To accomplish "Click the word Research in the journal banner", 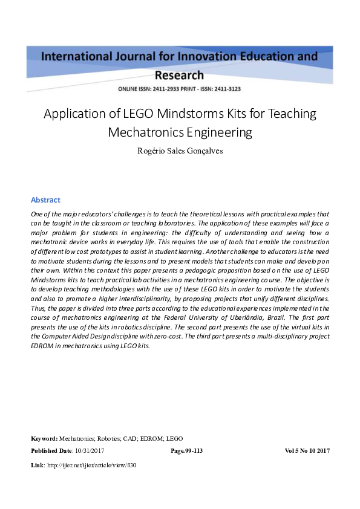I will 180,76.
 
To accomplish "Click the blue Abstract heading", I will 45,200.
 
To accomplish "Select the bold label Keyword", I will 44,438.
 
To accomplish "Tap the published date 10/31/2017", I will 90,451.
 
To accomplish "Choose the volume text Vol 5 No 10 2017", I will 307,451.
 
